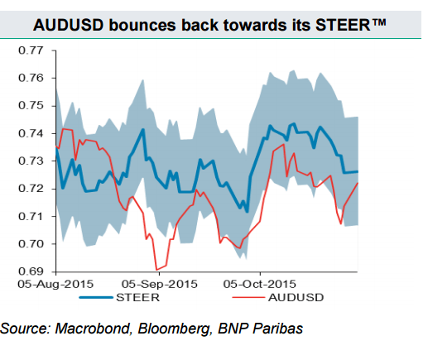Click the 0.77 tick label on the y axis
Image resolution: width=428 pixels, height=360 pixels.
pos(31,50)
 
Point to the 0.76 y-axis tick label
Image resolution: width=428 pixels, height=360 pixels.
pos(31,79)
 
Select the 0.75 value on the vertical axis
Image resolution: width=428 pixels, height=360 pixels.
pos(31,106)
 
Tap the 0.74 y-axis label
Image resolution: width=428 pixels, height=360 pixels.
pos(31,133)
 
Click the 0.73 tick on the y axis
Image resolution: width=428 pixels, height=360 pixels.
pos(31,161)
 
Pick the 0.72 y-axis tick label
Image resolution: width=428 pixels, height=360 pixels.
pos(31,189)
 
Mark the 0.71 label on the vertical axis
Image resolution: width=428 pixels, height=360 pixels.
pos(31,217)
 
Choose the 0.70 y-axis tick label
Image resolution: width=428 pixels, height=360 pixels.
pos(31,244)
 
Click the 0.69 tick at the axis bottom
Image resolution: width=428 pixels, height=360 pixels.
pos(31,271)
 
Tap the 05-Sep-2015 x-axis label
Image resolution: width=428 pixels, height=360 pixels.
pos(160,283)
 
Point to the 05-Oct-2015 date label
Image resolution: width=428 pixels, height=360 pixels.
pos(260,283)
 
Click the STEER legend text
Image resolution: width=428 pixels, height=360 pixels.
pos(142,295)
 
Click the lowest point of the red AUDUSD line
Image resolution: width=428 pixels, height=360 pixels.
pos(156,270)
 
